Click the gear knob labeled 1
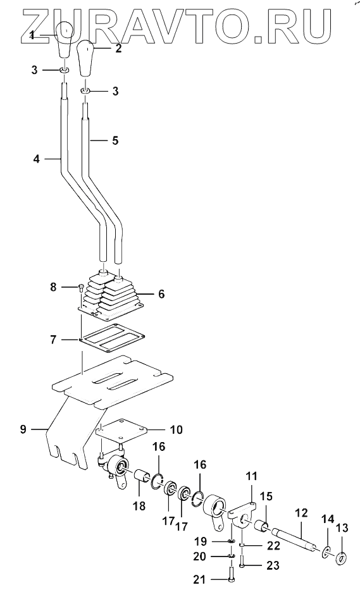(x=65, y=40)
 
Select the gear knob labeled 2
(x=86, y=59)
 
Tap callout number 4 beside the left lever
(x=36, y=158)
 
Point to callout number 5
(x=115, y=140)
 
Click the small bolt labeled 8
(x=81, y=288)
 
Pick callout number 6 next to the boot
(x=161, y=294)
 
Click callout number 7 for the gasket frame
(x=53, y=339)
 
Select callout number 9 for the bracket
(x=23, y=429)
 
